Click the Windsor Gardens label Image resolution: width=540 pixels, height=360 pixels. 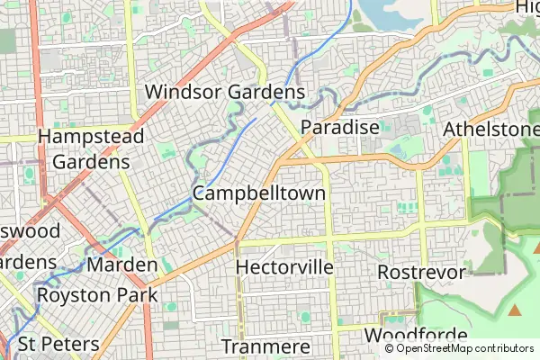[225, 93]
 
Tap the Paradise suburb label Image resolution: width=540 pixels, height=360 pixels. [339, 128]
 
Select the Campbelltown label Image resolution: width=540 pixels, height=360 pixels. [259, 193]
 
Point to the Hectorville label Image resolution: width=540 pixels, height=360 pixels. [284, 267]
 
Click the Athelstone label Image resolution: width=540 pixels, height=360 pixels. [490, 130]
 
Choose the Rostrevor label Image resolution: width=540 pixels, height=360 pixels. [421, 272]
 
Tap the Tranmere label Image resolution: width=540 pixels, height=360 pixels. [265, 346]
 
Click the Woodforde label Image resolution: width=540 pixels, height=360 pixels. [415, 335]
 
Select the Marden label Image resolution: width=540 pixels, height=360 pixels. [123, 265]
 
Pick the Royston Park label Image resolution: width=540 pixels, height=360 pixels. [97, 294]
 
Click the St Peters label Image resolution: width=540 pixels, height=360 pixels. [58, 344]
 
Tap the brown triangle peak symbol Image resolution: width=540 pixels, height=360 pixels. [515, 310]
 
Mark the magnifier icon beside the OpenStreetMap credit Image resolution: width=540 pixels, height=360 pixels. [389, 349]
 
